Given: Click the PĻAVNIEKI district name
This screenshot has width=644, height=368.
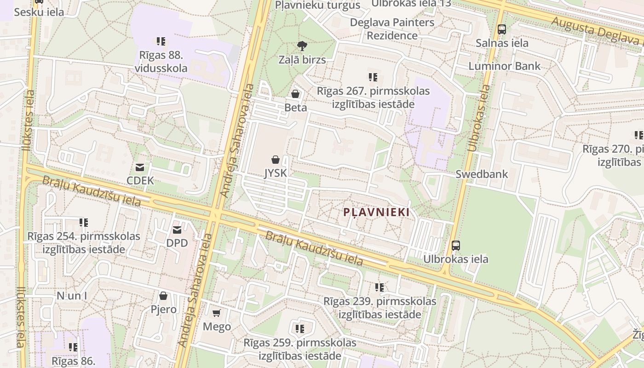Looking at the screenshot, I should coord(377,212).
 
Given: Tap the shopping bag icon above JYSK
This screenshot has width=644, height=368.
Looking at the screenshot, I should coord(275,160).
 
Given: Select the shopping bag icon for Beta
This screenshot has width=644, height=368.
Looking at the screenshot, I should coord(295,94).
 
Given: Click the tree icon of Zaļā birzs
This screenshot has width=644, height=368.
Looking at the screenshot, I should coord(302,46).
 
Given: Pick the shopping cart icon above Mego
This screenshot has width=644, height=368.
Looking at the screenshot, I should coord(217,313).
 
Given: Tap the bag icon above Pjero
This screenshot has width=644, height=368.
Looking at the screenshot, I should coord(163,295).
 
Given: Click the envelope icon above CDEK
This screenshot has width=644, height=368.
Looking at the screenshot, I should coord(140,167).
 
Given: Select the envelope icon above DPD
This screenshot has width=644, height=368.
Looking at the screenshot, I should coord(177,230).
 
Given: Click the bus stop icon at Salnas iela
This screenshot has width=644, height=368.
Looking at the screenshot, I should coord(502,29).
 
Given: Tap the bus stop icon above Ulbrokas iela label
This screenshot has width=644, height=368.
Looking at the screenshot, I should coord(456,245).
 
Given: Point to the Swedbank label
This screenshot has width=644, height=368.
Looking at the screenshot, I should coord(482,174).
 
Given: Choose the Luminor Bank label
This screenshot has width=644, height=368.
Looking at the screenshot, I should coord(505,66).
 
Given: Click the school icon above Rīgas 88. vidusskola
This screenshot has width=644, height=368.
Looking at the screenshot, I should coord(161,41).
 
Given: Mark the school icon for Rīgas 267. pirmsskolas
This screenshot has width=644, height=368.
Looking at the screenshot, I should coord(373,77).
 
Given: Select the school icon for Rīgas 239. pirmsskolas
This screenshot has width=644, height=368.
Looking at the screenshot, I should coord(379,287).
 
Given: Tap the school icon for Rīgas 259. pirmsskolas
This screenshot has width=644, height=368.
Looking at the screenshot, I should coord(300,329).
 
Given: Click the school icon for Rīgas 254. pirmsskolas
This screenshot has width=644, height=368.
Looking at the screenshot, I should coord(84,223).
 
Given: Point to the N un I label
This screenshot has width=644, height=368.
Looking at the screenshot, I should coord(72,295).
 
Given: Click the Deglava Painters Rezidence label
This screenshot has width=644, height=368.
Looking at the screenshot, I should coord(392,29).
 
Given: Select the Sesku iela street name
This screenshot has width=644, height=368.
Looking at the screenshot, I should coord(39,12).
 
